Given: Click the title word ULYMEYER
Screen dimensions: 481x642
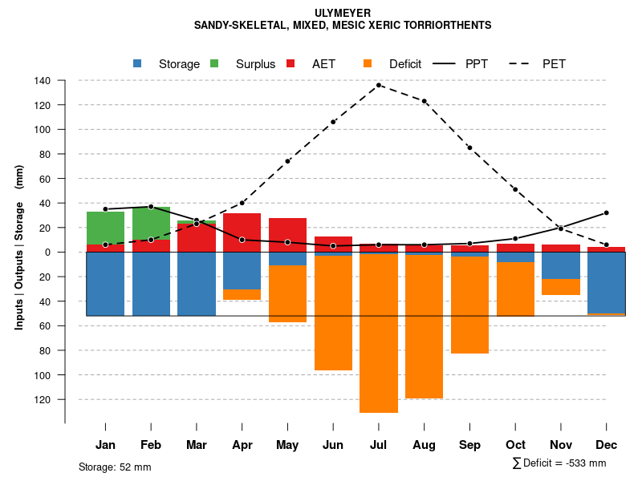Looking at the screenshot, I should click(x=343, y=13).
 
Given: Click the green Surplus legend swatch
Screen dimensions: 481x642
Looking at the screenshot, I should click(x=214, y=63).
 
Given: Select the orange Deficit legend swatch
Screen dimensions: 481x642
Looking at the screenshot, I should click(x=368, y=63).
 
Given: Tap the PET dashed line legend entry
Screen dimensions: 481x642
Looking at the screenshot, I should click(x=524, y=63).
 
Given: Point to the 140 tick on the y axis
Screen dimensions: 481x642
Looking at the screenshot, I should click(x=43, y=81).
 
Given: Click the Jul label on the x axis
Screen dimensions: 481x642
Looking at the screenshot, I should click(x=379, y=445).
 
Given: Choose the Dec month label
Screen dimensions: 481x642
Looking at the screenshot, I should click(x=607, y=445).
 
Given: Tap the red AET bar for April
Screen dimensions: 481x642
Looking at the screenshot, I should click(x=242, y=232).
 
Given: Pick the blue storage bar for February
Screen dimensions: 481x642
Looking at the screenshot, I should click(x=151, y=284).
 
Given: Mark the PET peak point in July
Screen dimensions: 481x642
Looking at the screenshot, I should click(x=379, y=85).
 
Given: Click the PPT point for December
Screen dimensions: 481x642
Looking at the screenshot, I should click(x=607, y=212).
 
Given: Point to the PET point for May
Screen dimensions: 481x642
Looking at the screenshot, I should click(x=287, y=161).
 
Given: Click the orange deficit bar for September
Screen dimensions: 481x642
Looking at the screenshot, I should click(x=469, y=305).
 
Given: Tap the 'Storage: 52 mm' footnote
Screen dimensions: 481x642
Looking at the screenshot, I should click(x=115, y=467).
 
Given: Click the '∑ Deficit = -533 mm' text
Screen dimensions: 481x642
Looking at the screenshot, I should click(x=559, y=463).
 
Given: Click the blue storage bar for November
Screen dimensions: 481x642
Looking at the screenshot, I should click(x=561, y=265).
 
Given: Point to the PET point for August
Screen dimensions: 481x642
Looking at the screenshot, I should click(x=424, y=101).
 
